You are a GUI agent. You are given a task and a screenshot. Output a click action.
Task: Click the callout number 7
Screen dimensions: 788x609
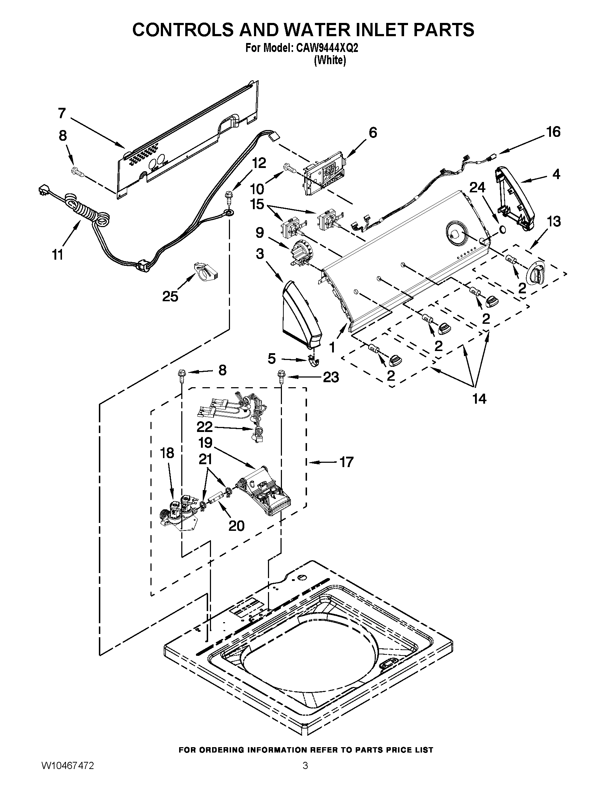pyautogui.click(x=62, y=114)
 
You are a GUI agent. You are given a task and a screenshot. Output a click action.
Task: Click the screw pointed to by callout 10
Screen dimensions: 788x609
pyautogui.click(x=289, y=167)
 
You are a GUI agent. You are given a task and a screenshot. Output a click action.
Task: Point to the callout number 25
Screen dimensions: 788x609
pyautogui.click(x=170, y=296)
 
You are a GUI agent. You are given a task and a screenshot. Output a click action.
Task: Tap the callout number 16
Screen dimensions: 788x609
pyautogui.click(x=553, y=132)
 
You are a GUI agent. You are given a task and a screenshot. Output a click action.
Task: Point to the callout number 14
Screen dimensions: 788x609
pyautogui.click(x=479, y=398)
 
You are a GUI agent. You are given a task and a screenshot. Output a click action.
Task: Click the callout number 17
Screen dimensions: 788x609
pyautogui.click(x=347, y=462)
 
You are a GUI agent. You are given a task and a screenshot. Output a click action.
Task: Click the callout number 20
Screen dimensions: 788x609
pyautogui.click(x=236, y=526)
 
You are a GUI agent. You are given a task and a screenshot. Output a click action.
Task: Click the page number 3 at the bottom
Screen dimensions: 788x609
pyautogui.click(x=305, y=773)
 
